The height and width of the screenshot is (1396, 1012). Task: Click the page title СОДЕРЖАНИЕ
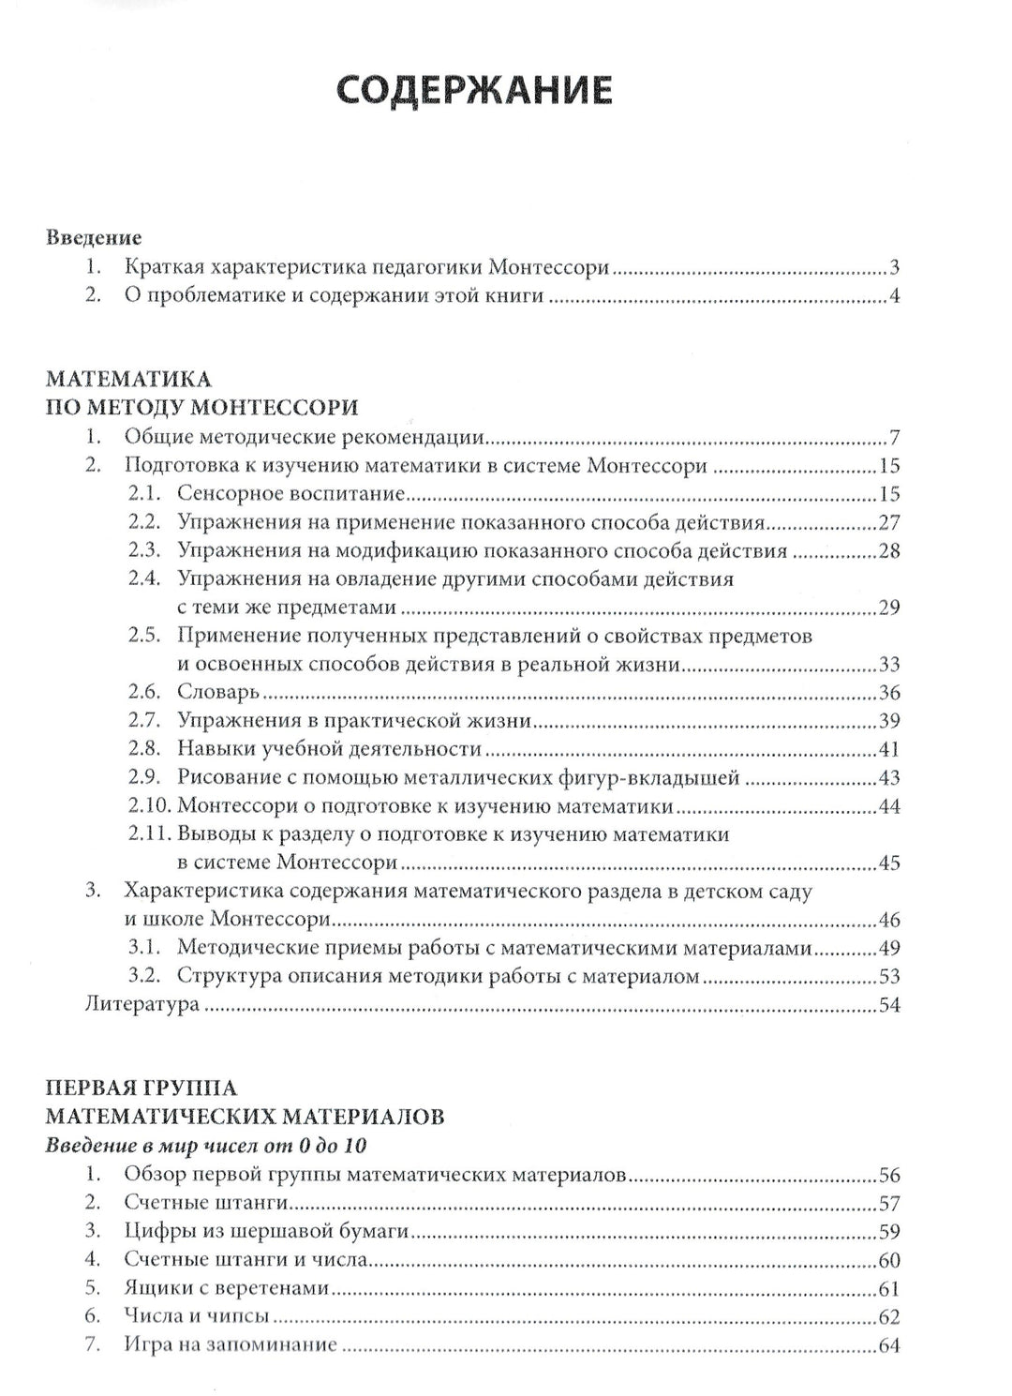[474, 90]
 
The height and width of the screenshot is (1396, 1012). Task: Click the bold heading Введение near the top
[94, 237]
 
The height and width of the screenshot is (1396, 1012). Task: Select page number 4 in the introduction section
[894, 298]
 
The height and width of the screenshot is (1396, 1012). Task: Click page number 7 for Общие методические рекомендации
[894, 438]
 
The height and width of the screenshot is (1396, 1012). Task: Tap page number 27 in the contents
[888, 523]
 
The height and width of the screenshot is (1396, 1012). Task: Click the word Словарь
[217, 693]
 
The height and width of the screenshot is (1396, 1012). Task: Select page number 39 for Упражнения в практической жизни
[888, 721]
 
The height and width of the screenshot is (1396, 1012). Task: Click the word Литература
[141, 1005]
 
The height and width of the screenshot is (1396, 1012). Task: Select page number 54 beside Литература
[888, 1005]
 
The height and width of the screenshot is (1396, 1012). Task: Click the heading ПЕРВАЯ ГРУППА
[141, 1088]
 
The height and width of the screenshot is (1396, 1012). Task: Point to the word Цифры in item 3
[158, 1232]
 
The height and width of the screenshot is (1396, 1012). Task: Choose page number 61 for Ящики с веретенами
[888, 1289]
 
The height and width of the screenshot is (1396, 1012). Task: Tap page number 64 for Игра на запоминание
[888, 1346]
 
